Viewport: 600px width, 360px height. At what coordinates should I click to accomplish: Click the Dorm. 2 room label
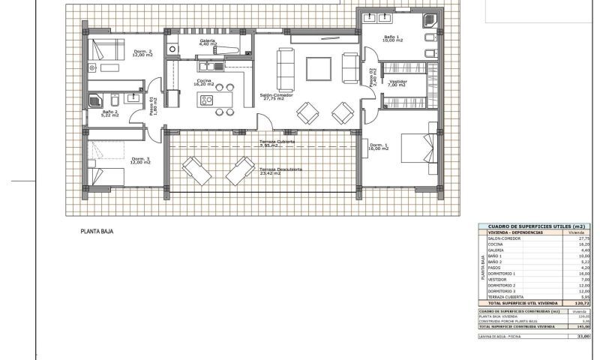[x=142, y=53]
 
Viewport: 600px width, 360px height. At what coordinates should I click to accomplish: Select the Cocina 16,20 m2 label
[x=204, y=82]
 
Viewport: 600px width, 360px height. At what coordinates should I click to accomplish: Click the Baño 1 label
[x=394, y=38]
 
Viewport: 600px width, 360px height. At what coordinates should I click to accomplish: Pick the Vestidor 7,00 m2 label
[x=398, y=83]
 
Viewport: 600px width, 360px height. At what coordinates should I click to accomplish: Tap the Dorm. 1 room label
[x=379, y=147]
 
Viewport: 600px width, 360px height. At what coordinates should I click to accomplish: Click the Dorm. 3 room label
[x=141, y=160]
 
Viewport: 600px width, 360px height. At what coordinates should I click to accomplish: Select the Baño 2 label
[x=111, y=113]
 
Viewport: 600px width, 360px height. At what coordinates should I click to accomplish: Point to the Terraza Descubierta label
[x=282, y=170]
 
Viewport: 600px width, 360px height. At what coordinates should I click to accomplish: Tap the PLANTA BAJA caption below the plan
[x=96, y=232]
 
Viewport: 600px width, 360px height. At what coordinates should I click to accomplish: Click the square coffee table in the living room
[x=316, y=68]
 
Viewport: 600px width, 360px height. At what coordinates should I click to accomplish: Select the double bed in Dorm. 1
[x=416, y=146]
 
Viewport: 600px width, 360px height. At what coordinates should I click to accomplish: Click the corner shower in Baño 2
[x=97, y=99]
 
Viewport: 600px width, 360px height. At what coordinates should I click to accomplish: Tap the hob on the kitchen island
[x=208, y=99]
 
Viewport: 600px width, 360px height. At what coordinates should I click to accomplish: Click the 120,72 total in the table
[x=583, y=303]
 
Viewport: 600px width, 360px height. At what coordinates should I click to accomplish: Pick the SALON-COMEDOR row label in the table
[x=502, y=238]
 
